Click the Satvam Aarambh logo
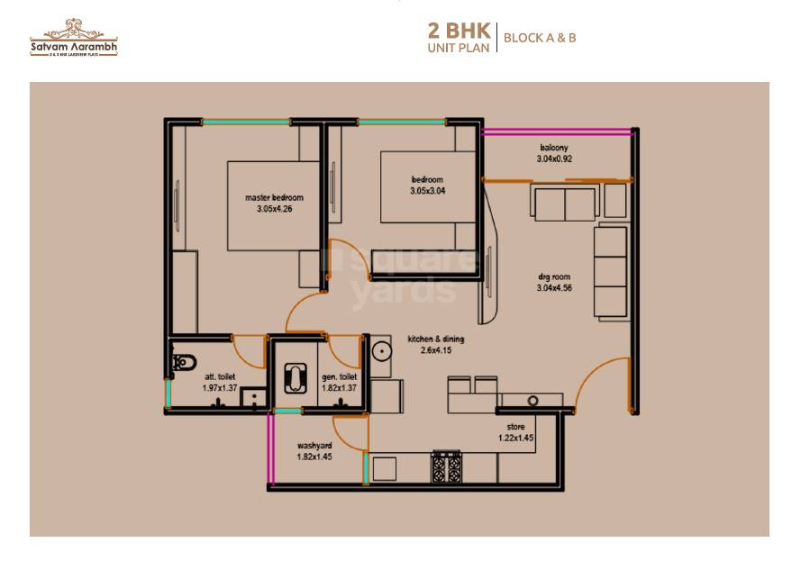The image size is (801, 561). (73, 37)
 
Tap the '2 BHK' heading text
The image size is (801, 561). (460, 29)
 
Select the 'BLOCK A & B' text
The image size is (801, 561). (539, 38)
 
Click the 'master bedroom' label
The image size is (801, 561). (274, 197)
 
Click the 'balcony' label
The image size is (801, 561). (554, 148)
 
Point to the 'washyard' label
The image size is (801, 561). (314, 446)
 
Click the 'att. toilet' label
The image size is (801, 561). (220, 376)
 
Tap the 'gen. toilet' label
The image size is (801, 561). (339, 376)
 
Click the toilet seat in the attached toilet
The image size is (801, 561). (184, 363)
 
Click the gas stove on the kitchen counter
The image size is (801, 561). (447, 466)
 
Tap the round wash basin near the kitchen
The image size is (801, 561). (380, 350)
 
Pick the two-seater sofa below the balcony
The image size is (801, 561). (563, 204)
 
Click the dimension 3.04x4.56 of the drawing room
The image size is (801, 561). (554, 288)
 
